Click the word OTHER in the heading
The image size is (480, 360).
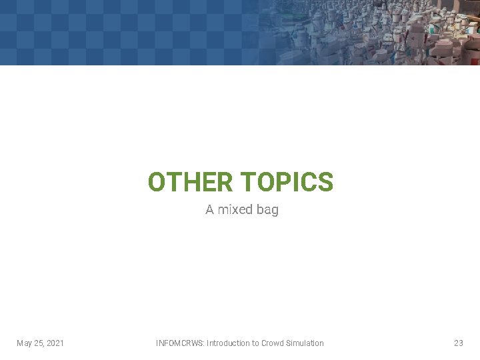pyautogui.click(x=190, y=181)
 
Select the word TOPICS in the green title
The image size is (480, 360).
pyautogui.click(x=287, y=181)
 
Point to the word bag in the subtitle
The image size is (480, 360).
pyautogui.click(x=267, y=210)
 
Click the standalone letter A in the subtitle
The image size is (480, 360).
pyautogui.click(x=209, y=209)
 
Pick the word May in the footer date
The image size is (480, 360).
pyautogui.click(x=25, y=343)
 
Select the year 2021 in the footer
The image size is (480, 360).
pyautogui.click(x=55, y=343)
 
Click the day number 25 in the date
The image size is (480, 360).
pyautogui.click(x=39, y=343)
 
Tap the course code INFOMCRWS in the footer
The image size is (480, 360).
pyautogui.click(x=179, y=343)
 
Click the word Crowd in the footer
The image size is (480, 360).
pyautogui.click(x=272, y=343)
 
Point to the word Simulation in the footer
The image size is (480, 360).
pyautogui.click(x=305, y=343)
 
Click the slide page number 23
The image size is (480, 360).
pyautogui.click(x=458, y=343)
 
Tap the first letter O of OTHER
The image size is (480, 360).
pyautogui.click(x=157, y=181)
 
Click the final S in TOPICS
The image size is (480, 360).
pyautogui.click(x=325, y=181)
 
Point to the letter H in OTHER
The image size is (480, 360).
pyautogui.click(x=188, y=181)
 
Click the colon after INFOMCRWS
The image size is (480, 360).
pyautogui.click(x=204, y=343)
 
